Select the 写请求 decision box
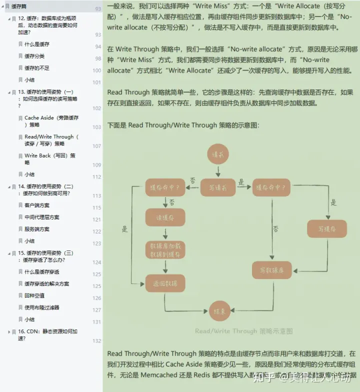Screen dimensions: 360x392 pyautogui.click(x=217, y=188)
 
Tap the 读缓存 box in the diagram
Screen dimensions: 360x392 pyautogui.click(x=165, y=217)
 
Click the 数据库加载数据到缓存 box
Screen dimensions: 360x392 pyautogui.click(x=165, y=250)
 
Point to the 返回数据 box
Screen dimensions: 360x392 pyautogui.click(x=165, y=283)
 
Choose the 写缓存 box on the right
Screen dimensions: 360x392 pyautogui.click(x=326, y=229)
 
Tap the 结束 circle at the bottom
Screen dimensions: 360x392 pyautogui.click(x=219, y=311)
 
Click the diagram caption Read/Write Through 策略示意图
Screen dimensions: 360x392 pyautogui.click(x=243, y=331)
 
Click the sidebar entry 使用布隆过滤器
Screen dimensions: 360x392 pyautogui.click(x=42, y=307)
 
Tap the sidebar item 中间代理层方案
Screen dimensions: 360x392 pyautogui.click(x=42, y=217)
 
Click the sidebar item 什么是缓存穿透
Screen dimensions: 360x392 pyautogui.click(x=42, y=271)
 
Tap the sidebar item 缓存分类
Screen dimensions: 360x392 pyautogui.click(x=34, y=56)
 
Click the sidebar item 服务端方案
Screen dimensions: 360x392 pyautogui.click(x=37, y=229)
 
